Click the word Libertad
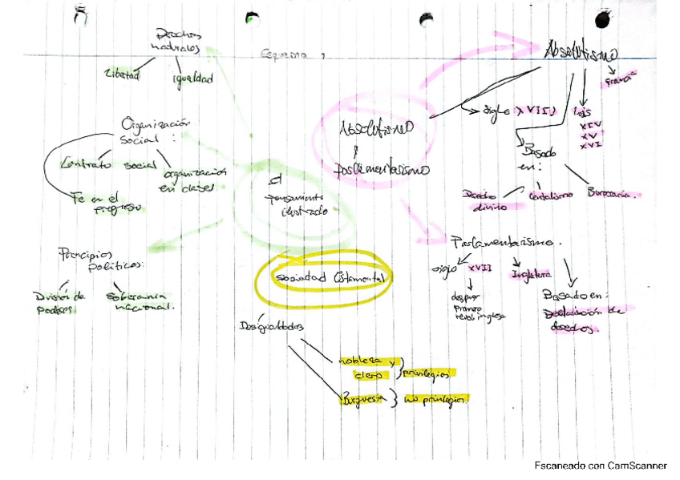122,76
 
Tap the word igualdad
192,79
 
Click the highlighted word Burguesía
364,398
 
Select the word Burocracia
614,194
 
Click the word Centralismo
549,195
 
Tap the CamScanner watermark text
600,466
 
